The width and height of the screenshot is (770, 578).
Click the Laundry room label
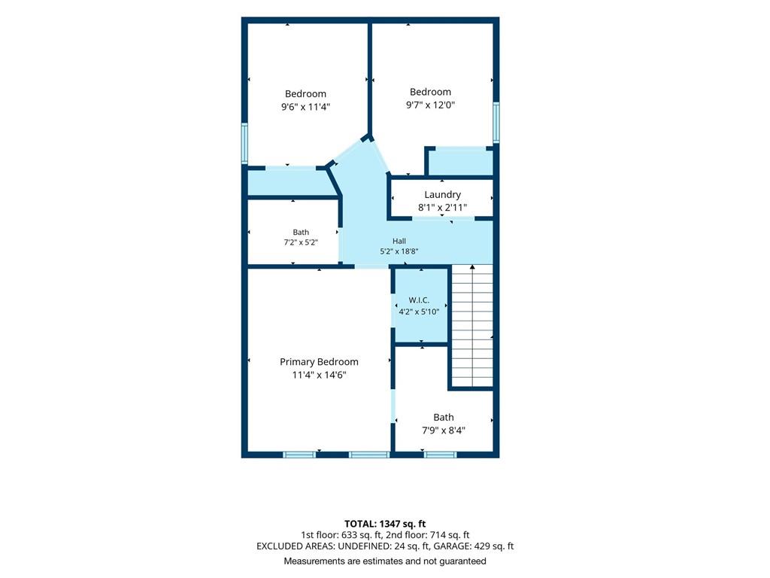[x=442, y=195]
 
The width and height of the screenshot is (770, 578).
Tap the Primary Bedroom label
[x=319, y=362]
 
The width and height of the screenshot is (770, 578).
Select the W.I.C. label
[x=419, y=300]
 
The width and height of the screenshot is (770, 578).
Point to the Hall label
[x=399, y=241]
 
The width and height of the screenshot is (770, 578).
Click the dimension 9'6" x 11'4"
[x=305, y=107]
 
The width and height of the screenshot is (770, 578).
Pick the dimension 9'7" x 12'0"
[x=431, y=105]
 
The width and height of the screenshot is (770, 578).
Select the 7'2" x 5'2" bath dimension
[x=301, y=242]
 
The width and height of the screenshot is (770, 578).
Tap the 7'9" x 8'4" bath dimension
[x=444, y=430]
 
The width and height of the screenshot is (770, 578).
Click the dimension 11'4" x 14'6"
[x=319, y=375]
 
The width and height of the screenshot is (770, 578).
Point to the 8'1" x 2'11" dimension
[x=442, y=208]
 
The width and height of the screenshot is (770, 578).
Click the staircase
[x=472, y=326]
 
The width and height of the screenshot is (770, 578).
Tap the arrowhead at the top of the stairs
[x=472, y=267]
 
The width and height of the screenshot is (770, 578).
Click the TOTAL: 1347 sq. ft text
[x=385, y=524]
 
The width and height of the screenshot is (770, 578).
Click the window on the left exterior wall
[x=244, y=143]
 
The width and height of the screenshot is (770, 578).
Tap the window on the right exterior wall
[x=496, y=123]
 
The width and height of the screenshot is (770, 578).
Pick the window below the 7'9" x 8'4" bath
[x=440, y=455]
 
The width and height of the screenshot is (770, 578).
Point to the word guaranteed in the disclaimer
[x=462, y=561]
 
